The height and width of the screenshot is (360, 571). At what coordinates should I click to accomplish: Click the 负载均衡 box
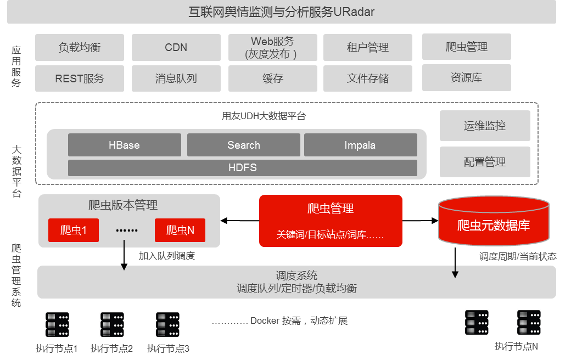pos(80,48)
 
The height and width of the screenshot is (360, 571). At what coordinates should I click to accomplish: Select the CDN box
pos(176,48)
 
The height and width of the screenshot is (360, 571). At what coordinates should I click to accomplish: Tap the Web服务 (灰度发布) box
pos(273,48)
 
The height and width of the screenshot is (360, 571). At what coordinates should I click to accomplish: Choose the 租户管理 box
pos(368,48)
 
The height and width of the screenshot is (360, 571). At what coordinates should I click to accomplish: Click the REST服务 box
pos(80,78)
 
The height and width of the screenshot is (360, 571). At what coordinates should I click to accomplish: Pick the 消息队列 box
pos(176,78)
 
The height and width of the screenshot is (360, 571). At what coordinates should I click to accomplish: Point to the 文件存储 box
pos(368,78)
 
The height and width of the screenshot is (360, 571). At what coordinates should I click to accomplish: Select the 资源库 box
pos(467,78)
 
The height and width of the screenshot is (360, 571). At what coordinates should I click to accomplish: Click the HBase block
pos(125,145)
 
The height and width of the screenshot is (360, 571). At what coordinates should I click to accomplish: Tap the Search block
pos(244,145)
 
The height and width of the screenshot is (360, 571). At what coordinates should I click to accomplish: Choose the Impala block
pos(361,145)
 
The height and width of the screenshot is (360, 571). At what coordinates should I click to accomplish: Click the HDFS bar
pos(243,168)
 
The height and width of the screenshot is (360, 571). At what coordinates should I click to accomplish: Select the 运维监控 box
pos(485,126)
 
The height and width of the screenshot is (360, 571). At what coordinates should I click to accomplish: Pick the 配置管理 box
pos(485,162)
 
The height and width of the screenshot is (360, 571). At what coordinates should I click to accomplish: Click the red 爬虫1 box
pos(74,230)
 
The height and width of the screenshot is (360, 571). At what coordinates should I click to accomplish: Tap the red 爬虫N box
pos(180,230)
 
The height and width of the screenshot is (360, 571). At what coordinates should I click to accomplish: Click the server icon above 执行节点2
pos(112,324)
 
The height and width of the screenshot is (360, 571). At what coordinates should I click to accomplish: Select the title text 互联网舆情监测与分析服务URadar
pos(282,12)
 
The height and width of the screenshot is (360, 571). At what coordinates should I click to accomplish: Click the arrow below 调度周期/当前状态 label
pos(455,271)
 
